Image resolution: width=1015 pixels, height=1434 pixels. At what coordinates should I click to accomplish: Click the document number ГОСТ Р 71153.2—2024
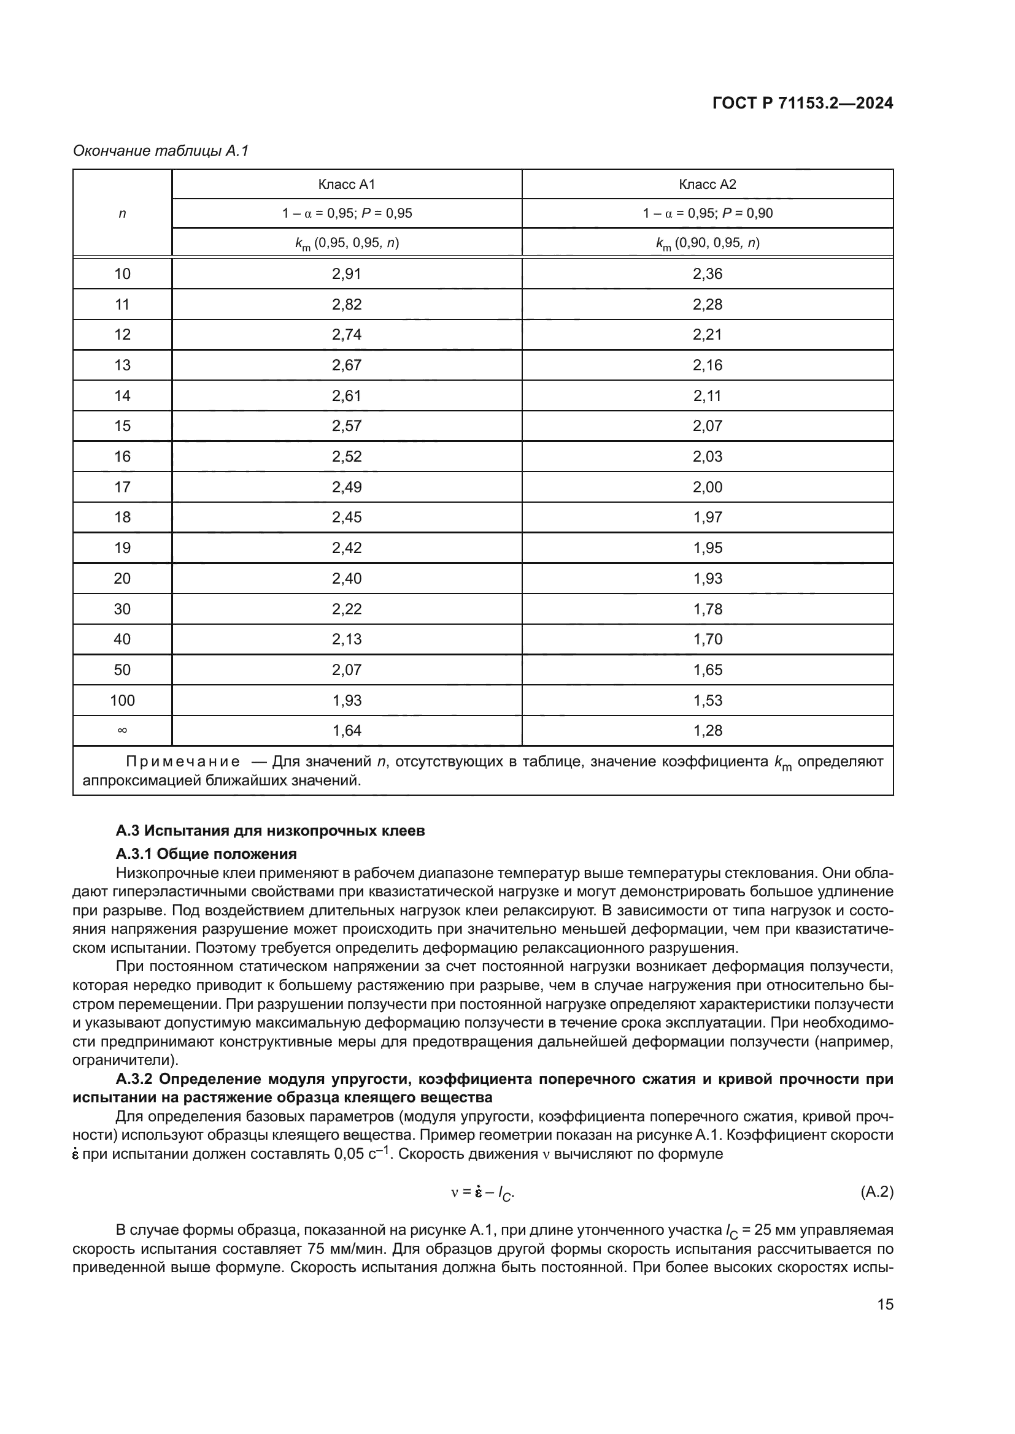(803, 104)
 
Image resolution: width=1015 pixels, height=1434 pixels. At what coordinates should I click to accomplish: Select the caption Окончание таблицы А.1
(161, 151)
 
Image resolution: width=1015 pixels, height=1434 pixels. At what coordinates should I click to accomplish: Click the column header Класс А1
(346, 185)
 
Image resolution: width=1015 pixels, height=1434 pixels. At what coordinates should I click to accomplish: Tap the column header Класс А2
(707, 185)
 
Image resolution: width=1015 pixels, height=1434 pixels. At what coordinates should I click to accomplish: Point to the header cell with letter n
(123, 213)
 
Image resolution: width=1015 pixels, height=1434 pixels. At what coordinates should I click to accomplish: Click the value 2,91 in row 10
(346, 273)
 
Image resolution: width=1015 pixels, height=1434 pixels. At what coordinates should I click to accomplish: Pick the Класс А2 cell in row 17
(707, 487)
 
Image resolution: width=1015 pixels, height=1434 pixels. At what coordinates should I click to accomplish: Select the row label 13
(123, 365)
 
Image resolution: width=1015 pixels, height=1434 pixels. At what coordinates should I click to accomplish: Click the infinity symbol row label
(123, 731)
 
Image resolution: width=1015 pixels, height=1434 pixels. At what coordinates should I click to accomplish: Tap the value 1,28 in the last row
(707, 731)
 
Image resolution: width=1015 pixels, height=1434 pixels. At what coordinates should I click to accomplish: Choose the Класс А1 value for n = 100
(346, 700)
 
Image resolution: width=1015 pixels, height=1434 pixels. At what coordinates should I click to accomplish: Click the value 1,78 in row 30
(707, 609)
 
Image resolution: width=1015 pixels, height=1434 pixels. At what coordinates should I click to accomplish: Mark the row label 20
(123, 578)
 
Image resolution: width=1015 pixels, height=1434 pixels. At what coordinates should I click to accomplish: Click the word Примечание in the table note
(182, 762)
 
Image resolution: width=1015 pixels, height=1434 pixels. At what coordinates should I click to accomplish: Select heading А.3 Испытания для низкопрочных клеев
(270, 831)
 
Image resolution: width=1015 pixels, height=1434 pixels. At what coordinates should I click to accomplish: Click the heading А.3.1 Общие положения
(206, 854)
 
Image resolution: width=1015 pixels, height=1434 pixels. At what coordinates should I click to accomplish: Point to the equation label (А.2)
(876, 1192)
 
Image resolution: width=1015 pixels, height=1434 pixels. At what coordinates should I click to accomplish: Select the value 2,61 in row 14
(346, 396)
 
